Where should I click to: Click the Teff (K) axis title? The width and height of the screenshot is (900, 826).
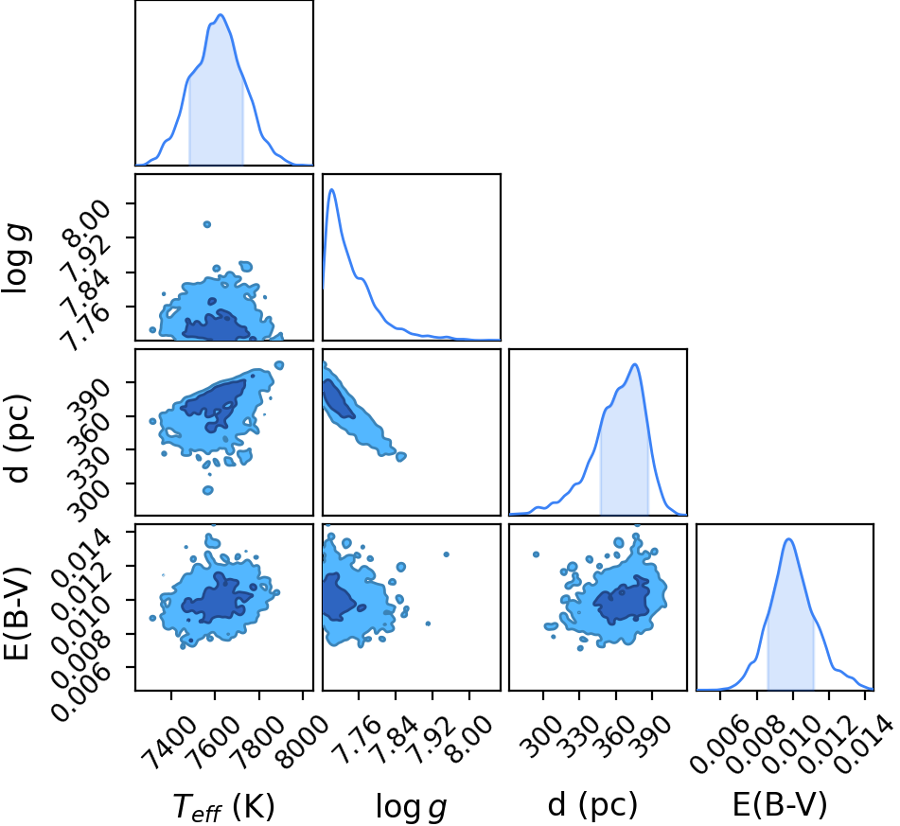(224, 806)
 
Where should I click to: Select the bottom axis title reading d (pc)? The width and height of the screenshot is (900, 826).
(593, 805)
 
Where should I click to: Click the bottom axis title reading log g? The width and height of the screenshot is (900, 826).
(411, 806)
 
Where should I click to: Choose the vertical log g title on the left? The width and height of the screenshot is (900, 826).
(16, 260)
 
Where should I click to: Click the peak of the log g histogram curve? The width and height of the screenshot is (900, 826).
(332, 189)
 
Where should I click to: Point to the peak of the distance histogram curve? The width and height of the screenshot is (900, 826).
(634, 364)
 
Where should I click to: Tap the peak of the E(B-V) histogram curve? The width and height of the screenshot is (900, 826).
(788, 538)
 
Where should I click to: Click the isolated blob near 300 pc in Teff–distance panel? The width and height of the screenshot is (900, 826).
(208, 490)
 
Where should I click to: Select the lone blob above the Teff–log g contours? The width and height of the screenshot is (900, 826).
(207, 224)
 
